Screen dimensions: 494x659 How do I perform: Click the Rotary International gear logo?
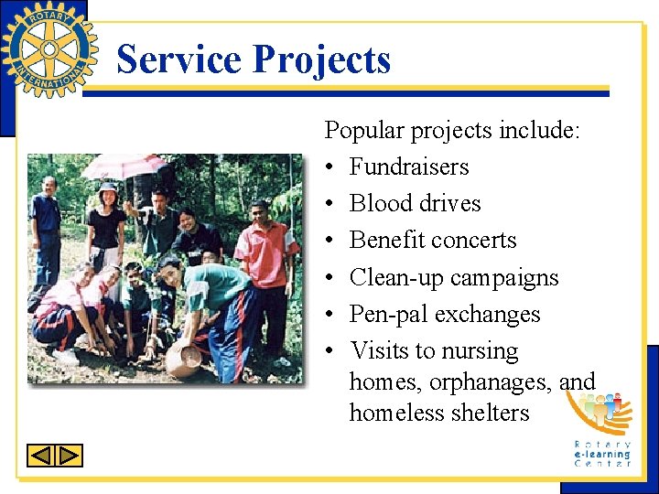(49, 49)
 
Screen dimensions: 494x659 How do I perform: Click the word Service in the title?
(179, 60)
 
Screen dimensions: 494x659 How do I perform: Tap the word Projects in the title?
(321, 60)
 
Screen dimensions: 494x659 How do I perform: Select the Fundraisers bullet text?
(408, 166)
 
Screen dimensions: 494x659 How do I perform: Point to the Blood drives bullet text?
(415, 203)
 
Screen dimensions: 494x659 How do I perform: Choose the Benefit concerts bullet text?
(433, 240)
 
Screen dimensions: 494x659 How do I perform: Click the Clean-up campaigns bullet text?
(454, 277)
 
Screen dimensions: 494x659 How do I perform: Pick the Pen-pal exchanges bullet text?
(445, 314)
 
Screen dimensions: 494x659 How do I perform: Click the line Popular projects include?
(452, 130)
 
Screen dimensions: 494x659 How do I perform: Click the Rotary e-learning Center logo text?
(602, 453)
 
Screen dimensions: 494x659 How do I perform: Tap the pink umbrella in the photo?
(124, 166)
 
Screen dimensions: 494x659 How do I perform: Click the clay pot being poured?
(183, 360)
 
